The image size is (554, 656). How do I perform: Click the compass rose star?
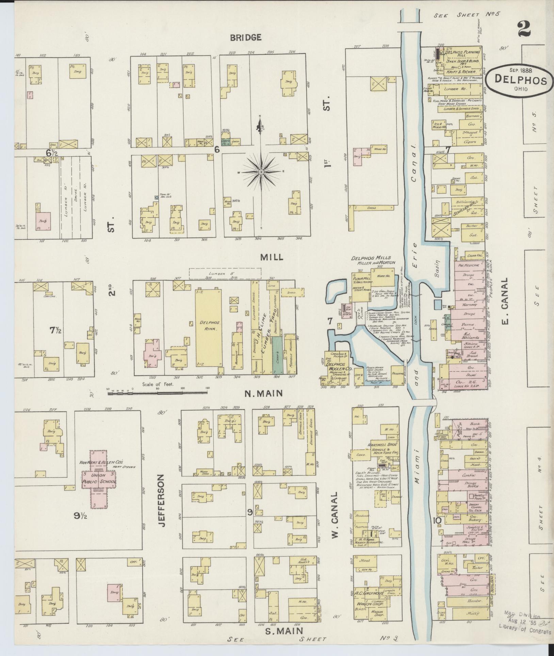(x=261, y=172)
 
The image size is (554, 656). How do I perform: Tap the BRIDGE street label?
(x=246, y=37)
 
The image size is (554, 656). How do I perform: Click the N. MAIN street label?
(x=269, y=394)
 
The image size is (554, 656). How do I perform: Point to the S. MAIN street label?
(x=284, y=631)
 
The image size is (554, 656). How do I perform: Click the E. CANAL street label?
(x=504, y=301)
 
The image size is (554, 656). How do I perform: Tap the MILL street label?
(x=271, y=257)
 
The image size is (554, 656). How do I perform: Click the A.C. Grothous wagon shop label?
(x=370, y=593)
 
